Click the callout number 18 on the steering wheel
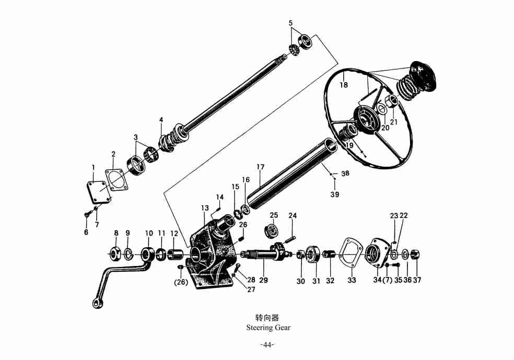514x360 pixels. [x=344, y=85]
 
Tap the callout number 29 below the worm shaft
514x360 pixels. [x=263, y=281]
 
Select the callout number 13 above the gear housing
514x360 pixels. [x=205, y=208]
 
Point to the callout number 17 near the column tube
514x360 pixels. [x=260, y=167]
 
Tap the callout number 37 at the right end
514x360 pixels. [x=417, y=280]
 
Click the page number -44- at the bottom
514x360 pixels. [x=267, y=345]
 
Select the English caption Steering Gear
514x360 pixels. [x=268, y=328]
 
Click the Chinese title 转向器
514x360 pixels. [x=267, y=317]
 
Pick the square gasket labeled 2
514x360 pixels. [x=118, y=179]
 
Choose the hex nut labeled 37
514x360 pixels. [x=416, y=255]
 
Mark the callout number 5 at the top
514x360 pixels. [x=291, y=23]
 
